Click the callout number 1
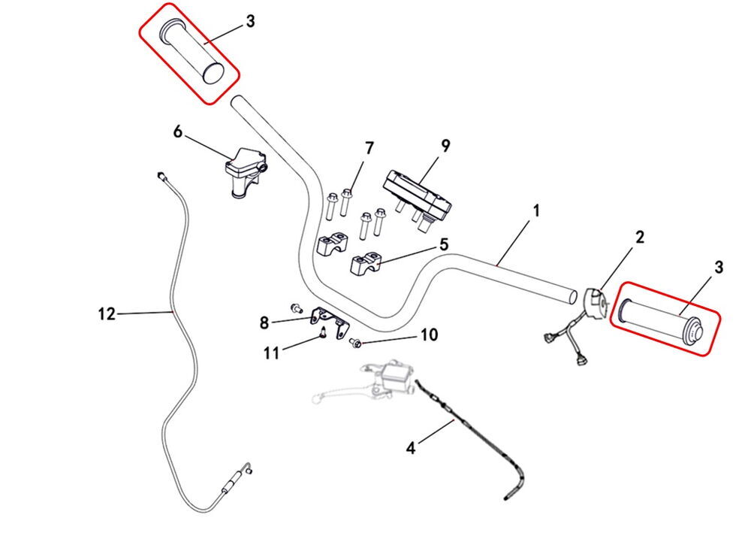(535, 213)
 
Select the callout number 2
(640, 238)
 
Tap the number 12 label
(107, 313)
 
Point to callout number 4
(410, 449)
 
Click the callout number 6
(178, 132)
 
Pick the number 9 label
(445, 146)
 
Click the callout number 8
(264, 323)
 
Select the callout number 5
(443, 244)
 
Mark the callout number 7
(369, 148)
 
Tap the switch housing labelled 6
(245, 171)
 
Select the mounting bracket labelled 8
(330, 319)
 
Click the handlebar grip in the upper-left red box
(194, 52)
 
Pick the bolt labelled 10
(356, 344)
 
